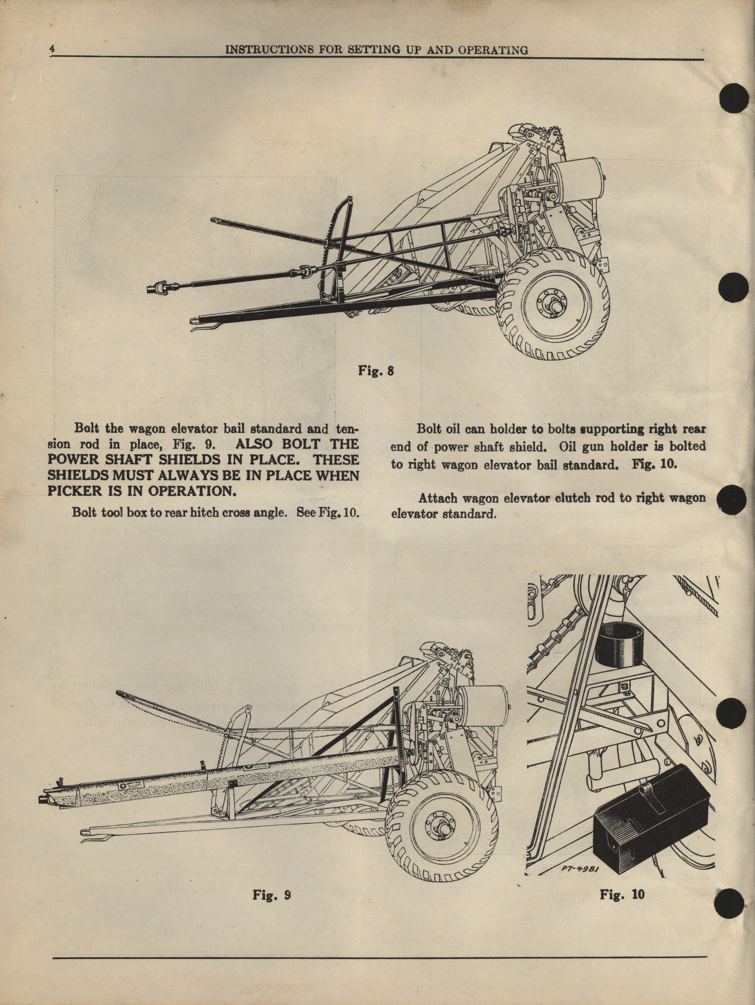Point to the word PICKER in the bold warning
coord(73,491)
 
